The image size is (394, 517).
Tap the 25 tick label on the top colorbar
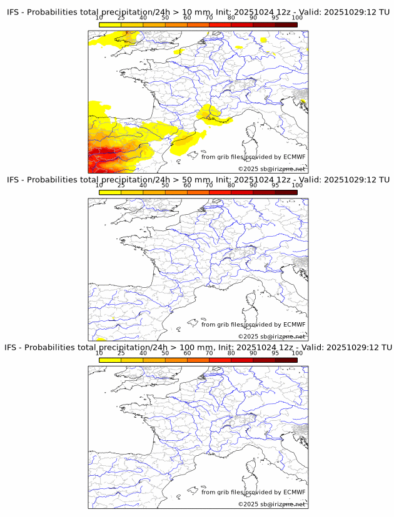(x=121, y=18)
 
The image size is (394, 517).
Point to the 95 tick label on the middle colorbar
(x=275, y=185)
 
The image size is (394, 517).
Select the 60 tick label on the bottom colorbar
(x=187, y=353)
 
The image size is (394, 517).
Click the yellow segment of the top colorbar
(x=110, y=24)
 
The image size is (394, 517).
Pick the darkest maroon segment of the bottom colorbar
(x=286, y=360)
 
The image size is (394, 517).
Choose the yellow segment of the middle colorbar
(x=110, y=192)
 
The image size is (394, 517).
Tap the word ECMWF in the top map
(x=294, y=157)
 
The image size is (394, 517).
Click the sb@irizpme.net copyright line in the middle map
(x=271, y=337)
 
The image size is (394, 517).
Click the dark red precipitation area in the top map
(x=100, y=156)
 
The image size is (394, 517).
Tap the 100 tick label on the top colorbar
(x=297, y=18)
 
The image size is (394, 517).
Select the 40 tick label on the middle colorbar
(x=143, y=185)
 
